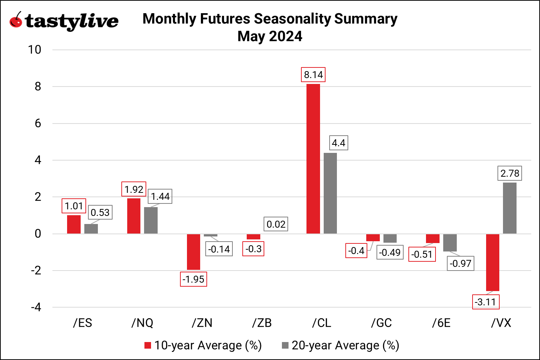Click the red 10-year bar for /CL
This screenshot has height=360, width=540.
[313, 159]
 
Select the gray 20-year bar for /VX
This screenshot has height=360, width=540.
[510, 208]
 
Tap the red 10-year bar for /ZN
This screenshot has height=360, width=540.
[194, 252]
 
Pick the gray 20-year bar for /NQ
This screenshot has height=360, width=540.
[151, 220]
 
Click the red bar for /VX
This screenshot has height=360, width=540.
[493, 262]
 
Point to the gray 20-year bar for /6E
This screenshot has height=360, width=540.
[450, 243]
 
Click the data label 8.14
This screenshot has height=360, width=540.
[313, 75]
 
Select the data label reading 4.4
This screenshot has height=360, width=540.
[338, 143]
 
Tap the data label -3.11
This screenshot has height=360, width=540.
[485, 302]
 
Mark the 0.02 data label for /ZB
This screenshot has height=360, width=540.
[276, 224]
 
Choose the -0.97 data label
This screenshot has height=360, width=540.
[460, 264]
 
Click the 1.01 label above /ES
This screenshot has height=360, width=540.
[74, 206]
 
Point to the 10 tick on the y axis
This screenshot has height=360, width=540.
[35, 50]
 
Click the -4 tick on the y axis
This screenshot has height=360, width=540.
[36, 307]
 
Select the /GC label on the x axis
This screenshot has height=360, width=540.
[381, 323]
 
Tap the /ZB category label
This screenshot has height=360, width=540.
[262, 323]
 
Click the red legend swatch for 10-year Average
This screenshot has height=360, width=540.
[148, 345]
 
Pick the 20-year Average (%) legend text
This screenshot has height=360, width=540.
[345, 345]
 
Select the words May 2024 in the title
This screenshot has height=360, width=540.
[270, 36]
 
